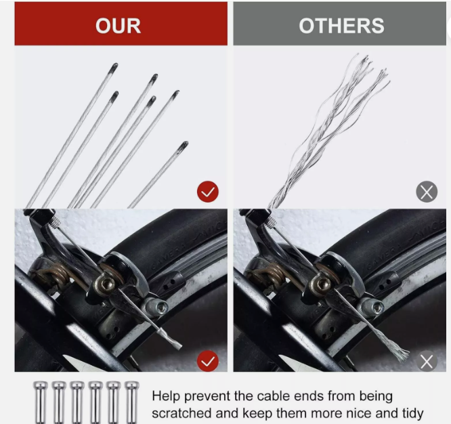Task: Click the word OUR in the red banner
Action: coord(119,26)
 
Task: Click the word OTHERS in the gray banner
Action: coord(341,26)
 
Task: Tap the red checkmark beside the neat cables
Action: coord(208,192)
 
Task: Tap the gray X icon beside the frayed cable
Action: coord(427,192)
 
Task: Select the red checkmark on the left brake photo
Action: coord(208,361)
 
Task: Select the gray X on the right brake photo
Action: coord(427,361)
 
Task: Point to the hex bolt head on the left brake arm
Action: coord(108,284)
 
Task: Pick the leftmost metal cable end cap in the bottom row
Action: coord(40,402)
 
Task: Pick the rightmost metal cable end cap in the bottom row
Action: coord(132,402)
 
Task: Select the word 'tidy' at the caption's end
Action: coord(413,414)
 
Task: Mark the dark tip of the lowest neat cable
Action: coord(182,147)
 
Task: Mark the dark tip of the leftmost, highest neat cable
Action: coord(113,68)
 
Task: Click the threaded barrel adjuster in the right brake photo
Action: coord(270,221)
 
